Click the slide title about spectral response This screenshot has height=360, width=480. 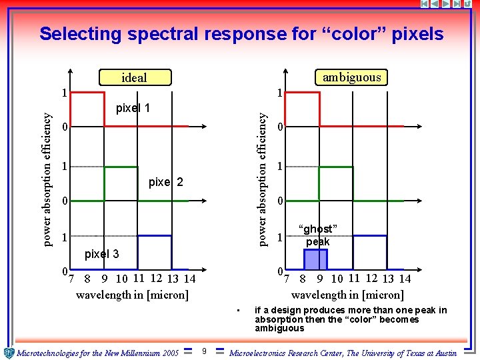[241, 33]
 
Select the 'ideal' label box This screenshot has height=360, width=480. [135, 78]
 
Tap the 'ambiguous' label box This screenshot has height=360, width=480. [351, 77]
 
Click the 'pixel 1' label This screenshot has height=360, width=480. [133, 107]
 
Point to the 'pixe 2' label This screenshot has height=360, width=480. [165, 182]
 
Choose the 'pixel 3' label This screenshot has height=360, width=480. [101, 254]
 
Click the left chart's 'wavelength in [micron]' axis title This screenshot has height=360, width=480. [132, 295]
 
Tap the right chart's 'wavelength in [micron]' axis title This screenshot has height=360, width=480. [347, 295]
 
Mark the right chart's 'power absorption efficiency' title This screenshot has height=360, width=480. [263, 178]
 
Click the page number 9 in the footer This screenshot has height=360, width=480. [204, 351]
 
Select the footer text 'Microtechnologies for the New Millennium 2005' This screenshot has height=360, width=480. [97, 353]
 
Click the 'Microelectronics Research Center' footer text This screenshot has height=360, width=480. [343, 353]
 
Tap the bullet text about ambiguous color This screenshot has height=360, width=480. [351, 319]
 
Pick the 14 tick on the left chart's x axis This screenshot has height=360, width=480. [189, 279]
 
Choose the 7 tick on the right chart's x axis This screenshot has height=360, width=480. [287, 279]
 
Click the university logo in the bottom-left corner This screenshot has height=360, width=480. [9, 352]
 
